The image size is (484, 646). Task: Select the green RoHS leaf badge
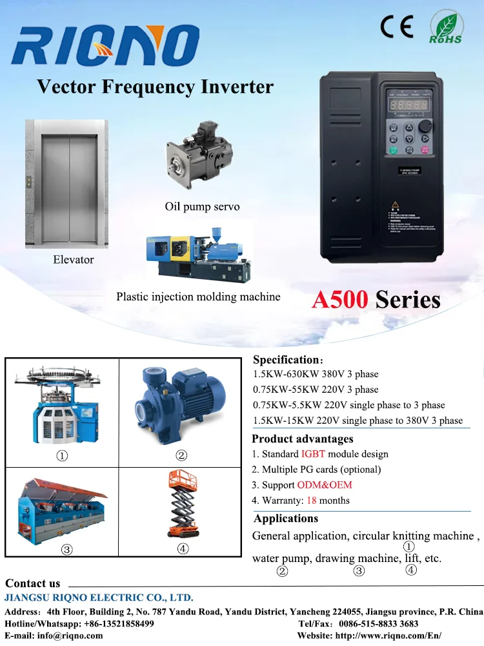click(446, 28)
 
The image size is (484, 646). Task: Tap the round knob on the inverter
click(426, 127)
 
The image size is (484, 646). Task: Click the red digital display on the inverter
click(408, 105)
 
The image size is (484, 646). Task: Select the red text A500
click(340, 299)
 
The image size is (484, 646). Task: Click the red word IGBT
click(313, 454)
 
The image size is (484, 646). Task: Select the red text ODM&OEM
click(325, 485)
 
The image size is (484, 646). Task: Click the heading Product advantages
click(294, 439)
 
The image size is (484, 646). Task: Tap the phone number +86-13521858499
click(117, 623)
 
